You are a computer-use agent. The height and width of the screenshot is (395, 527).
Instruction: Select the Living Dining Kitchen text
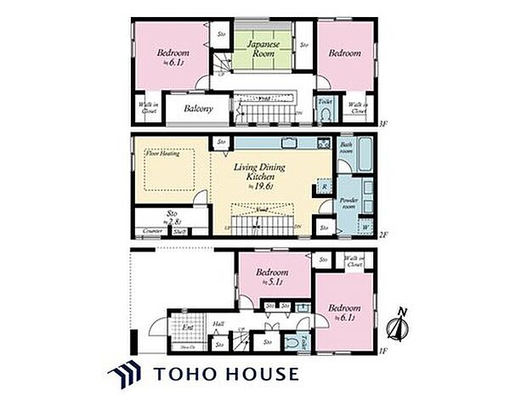click(258, 175)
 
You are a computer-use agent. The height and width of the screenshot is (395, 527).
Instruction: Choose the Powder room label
click(348, 203)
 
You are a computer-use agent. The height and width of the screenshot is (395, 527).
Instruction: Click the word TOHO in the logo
click(186, 374)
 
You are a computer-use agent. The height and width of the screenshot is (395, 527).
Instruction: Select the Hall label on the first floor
click(218, 323)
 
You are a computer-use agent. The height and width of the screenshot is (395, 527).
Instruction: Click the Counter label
click(153, 230)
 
